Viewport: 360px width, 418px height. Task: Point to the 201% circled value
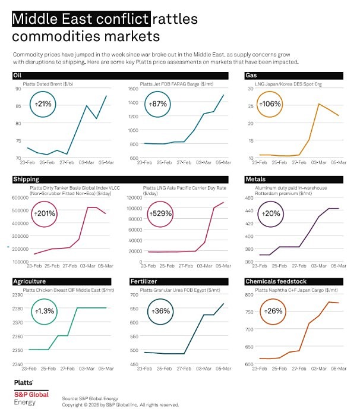(x=45, y=213)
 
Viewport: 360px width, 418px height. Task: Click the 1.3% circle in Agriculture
(x=44, y=310)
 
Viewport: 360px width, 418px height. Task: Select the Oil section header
(x=17, y=76)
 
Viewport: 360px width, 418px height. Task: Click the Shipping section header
(x=26, y=179)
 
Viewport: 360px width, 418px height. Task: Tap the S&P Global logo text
(x=31, y=394)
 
